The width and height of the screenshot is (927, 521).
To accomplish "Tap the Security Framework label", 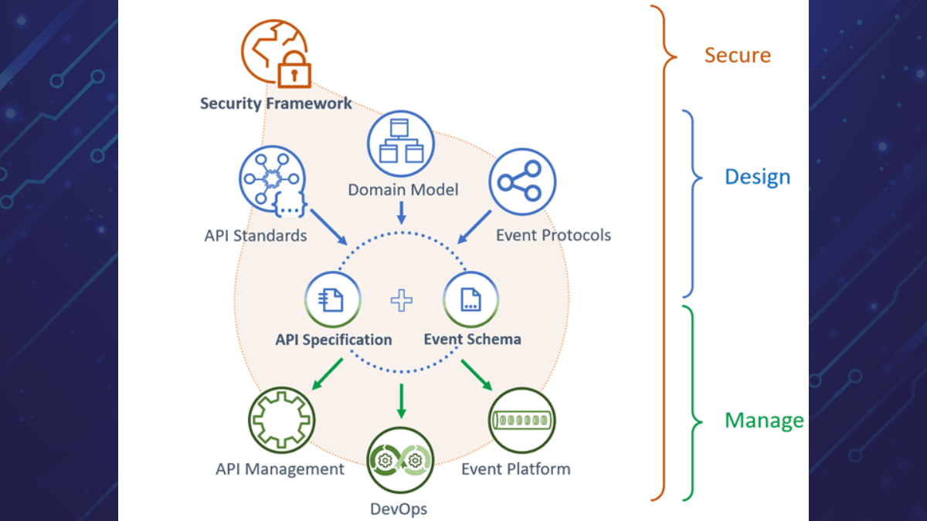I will (276, 103).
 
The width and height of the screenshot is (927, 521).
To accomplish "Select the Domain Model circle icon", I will (402, 145).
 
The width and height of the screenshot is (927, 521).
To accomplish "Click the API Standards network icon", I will (270, 179).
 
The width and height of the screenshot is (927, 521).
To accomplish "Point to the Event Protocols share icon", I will (522, 181).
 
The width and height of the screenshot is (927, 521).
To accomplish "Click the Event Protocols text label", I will (553, 235).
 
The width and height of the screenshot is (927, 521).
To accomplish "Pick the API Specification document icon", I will (334, 300).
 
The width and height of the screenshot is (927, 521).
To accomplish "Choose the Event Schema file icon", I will (470, 300).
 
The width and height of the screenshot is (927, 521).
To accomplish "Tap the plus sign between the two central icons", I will (402, 300).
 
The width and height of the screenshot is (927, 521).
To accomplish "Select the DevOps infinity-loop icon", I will (400, 461).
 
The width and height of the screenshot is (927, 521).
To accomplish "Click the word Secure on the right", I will (737, 56).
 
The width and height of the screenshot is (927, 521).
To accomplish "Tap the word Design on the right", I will (757, 177).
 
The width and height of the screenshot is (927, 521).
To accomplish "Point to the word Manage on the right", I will (763, 421).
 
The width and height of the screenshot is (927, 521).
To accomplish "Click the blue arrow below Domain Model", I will (401, 213).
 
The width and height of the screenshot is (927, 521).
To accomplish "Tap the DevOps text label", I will (399, 509).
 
